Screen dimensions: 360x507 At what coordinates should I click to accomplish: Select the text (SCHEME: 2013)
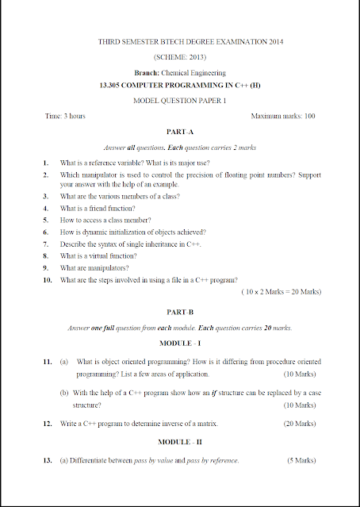click(x=179, y=57)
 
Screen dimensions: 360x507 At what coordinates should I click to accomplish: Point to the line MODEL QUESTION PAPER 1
click(x=179, y=101)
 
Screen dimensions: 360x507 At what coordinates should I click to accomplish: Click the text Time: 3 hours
click(x=65, y=117)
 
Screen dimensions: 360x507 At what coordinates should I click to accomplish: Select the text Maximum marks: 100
click(x=283, y=117)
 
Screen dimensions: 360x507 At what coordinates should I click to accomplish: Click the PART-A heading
click(x=179, y=132)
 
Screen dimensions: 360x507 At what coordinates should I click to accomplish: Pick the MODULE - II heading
click(x=179, y=441)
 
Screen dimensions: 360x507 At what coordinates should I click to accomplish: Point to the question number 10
click(x=47, y=280)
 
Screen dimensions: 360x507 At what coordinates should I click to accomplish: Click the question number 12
click(x=47, y=424)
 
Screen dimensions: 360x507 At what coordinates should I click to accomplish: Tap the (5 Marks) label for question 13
click(x=303, y=460)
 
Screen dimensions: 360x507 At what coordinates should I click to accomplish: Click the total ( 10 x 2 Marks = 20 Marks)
click(x=280, y=292)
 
